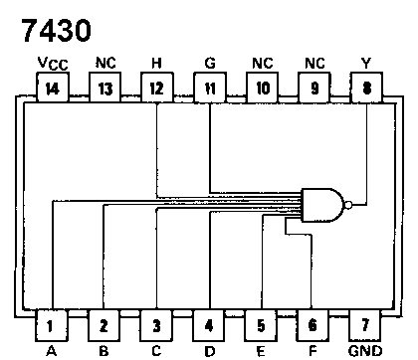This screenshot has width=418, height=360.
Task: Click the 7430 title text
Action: coord(62,30)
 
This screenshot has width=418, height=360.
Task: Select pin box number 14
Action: coord(50,89)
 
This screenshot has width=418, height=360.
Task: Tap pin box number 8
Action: coord(365,89)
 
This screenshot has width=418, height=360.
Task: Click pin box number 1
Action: coord(51,323)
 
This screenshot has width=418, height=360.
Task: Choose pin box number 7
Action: coord(365,323)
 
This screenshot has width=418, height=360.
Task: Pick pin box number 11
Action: coord(208,89)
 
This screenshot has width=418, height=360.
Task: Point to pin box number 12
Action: coord(156,89)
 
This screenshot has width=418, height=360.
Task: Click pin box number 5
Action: coord(261,323)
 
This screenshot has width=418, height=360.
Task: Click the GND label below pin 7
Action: coord(365,350)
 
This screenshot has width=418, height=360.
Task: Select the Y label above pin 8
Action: coord(365,62)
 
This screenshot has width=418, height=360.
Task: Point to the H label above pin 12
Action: coord(156,62)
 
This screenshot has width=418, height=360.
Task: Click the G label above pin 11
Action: coord(208,62)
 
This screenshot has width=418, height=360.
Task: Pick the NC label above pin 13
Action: coord(104,62)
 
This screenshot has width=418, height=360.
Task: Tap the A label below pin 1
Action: coord(51,349)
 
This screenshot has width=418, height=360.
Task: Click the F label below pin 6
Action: coord(313,349)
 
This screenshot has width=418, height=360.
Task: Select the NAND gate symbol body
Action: coord(322,206)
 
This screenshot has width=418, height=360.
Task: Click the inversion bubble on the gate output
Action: coord(346,206)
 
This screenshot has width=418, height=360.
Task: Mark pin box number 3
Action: coord(156,323)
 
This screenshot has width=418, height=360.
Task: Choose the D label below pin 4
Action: coord(208,349)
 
